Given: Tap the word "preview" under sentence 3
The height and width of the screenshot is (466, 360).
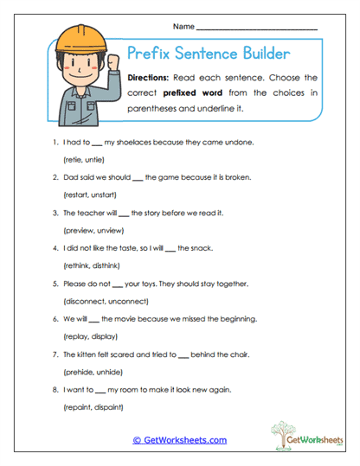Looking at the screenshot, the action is (80, 232).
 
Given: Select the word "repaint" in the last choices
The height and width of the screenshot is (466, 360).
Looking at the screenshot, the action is (79, 405).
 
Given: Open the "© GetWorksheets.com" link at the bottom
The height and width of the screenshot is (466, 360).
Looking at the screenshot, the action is (179, 440).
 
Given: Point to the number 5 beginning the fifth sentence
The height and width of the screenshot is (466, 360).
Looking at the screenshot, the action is (55, 284).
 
